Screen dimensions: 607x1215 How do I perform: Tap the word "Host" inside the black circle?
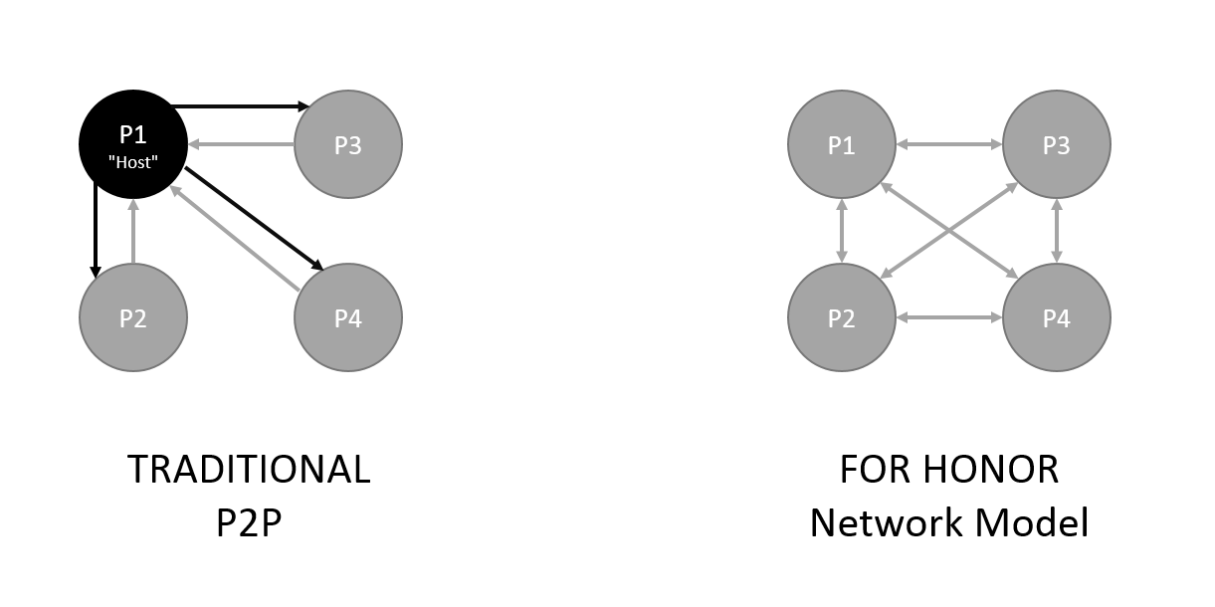click(133, 162)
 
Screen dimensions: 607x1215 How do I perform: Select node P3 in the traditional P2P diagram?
click(348, 144)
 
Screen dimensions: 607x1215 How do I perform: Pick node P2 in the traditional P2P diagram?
click(133, 318)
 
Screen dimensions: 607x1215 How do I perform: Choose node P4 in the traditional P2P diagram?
click(348, 318)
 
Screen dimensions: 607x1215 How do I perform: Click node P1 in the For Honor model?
click(842, 144)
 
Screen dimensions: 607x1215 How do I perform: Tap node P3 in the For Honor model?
click(1056, 144)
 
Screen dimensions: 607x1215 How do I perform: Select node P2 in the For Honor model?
click(842, 318)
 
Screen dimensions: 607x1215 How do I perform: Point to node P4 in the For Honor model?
click(1056, 318)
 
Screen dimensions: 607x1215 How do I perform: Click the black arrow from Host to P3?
click(239, 104)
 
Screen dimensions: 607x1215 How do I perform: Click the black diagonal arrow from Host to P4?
click(255, 220)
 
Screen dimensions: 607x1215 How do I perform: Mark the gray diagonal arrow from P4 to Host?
click(235, 240)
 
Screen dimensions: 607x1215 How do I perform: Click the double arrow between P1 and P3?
click(948, 144)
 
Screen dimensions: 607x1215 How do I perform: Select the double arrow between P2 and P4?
click(948, 318)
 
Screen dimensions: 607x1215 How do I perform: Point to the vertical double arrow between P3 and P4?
click(1056, 231)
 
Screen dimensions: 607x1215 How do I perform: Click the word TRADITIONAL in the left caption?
click(249, 469)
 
